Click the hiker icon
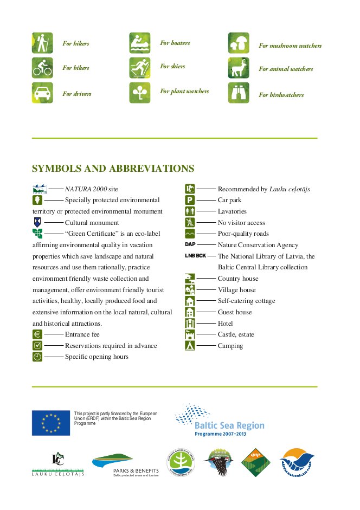pyautogui.click(x=42, y=43)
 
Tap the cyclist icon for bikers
pyautogui.click(x=42, y=68)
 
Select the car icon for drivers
pyautogui.click(x=42, y=93)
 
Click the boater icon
pyautogui.click(x=140, y=43)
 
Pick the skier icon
pyautogui.click(x=140, y=68)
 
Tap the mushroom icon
pyautogui.click(x=239, y=43)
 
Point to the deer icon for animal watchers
pyautogui.click(x=239, y=68)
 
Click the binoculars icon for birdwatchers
pyautogui.click(x=239, y=93)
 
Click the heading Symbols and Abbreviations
pyautogui.click(x=113, y=169)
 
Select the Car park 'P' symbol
pyautogui.click(x=190, y=200)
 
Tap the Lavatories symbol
pyautogui.click(x=190, y=211)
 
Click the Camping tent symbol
pyautogui.click(x=190, y=345)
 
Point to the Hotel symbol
pyautogui.click(x=190, y=323)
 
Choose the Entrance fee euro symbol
pyautogui.click(x=37, y=334)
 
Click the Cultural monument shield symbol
pyautogui.click(x=37, y=222)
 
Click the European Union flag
pyautogui.click(x=51, y=423)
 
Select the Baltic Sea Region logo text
pyautogui.click(x=229, y=425)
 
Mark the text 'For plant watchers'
pyautogui.click(x=184, y=92)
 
